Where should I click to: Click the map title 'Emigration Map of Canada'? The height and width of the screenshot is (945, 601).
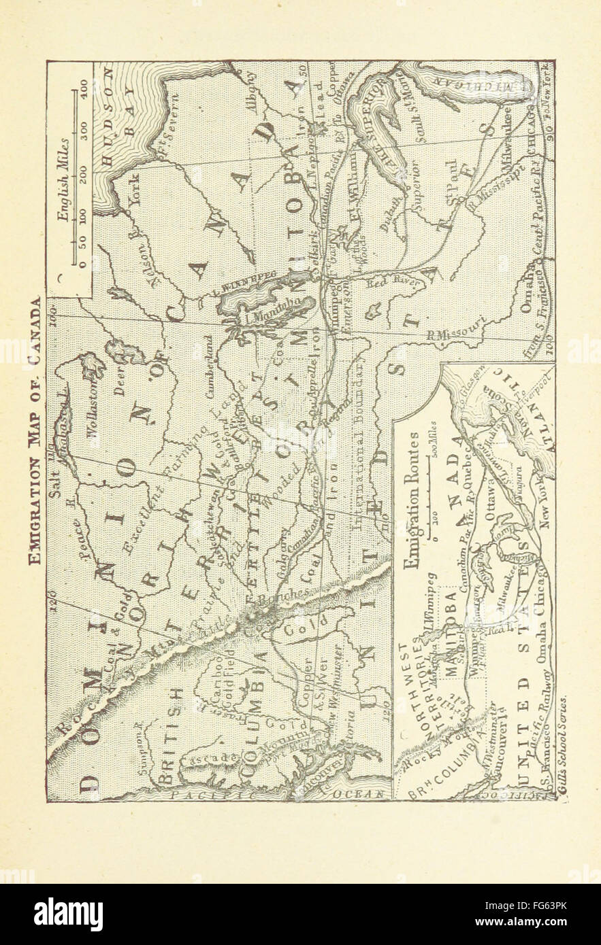coord(34,431)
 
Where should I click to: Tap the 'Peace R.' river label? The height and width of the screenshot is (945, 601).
coord(84,537)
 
